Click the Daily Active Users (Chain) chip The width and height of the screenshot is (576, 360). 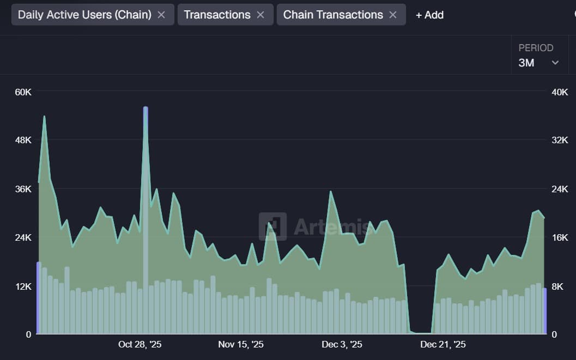click(84, 15)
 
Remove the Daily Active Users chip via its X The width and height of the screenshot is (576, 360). click(161, 15)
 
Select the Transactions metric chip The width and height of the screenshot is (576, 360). click(217, 15)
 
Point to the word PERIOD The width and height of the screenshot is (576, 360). click(536, 48)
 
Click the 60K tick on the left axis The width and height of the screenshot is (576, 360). click(23, 92)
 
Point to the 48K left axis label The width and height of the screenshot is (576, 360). click(23, 140)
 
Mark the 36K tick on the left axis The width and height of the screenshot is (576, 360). click(23, 189)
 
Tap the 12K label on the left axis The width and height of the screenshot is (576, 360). click(23, 286)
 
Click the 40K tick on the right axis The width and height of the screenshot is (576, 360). click(560, 92)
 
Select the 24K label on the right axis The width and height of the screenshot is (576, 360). click(560, 189)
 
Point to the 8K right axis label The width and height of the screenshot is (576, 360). click(560, 286)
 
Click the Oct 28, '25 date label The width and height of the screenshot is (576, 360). click(140, 345)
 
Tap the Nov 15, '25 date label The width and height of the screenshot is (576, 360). click(241, 345)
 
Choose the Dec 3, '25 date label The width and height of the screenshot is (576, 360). click(342, 345)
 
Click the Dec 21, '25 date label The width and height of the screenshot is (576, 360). click(442, 345)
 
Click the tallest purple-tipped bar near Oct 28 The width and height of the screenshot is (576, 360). click(145, 218)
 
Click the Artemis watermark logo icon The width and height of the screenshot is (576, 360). click(272, 226)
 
